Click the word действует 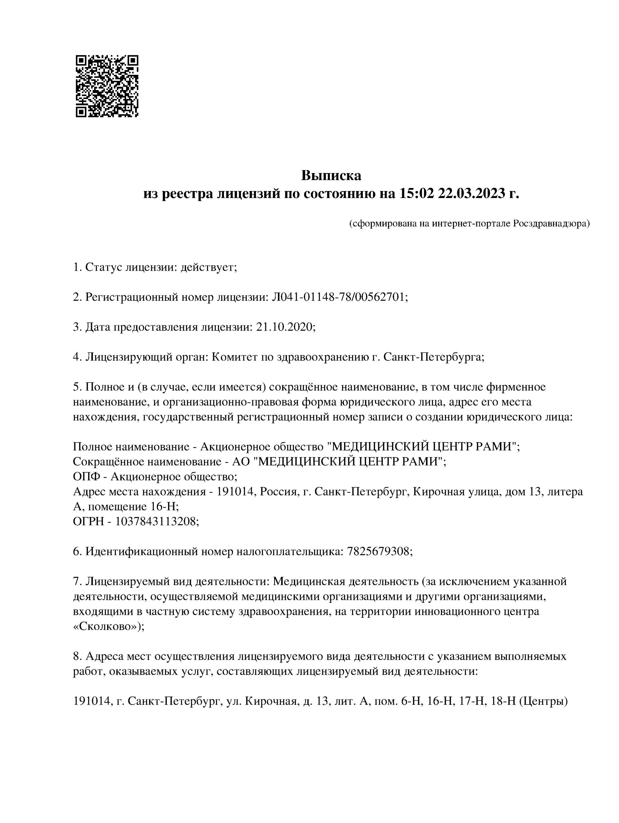coord(209,267)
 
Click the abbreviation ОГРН coord(87,522)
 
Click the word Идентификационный coord(141,551)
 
